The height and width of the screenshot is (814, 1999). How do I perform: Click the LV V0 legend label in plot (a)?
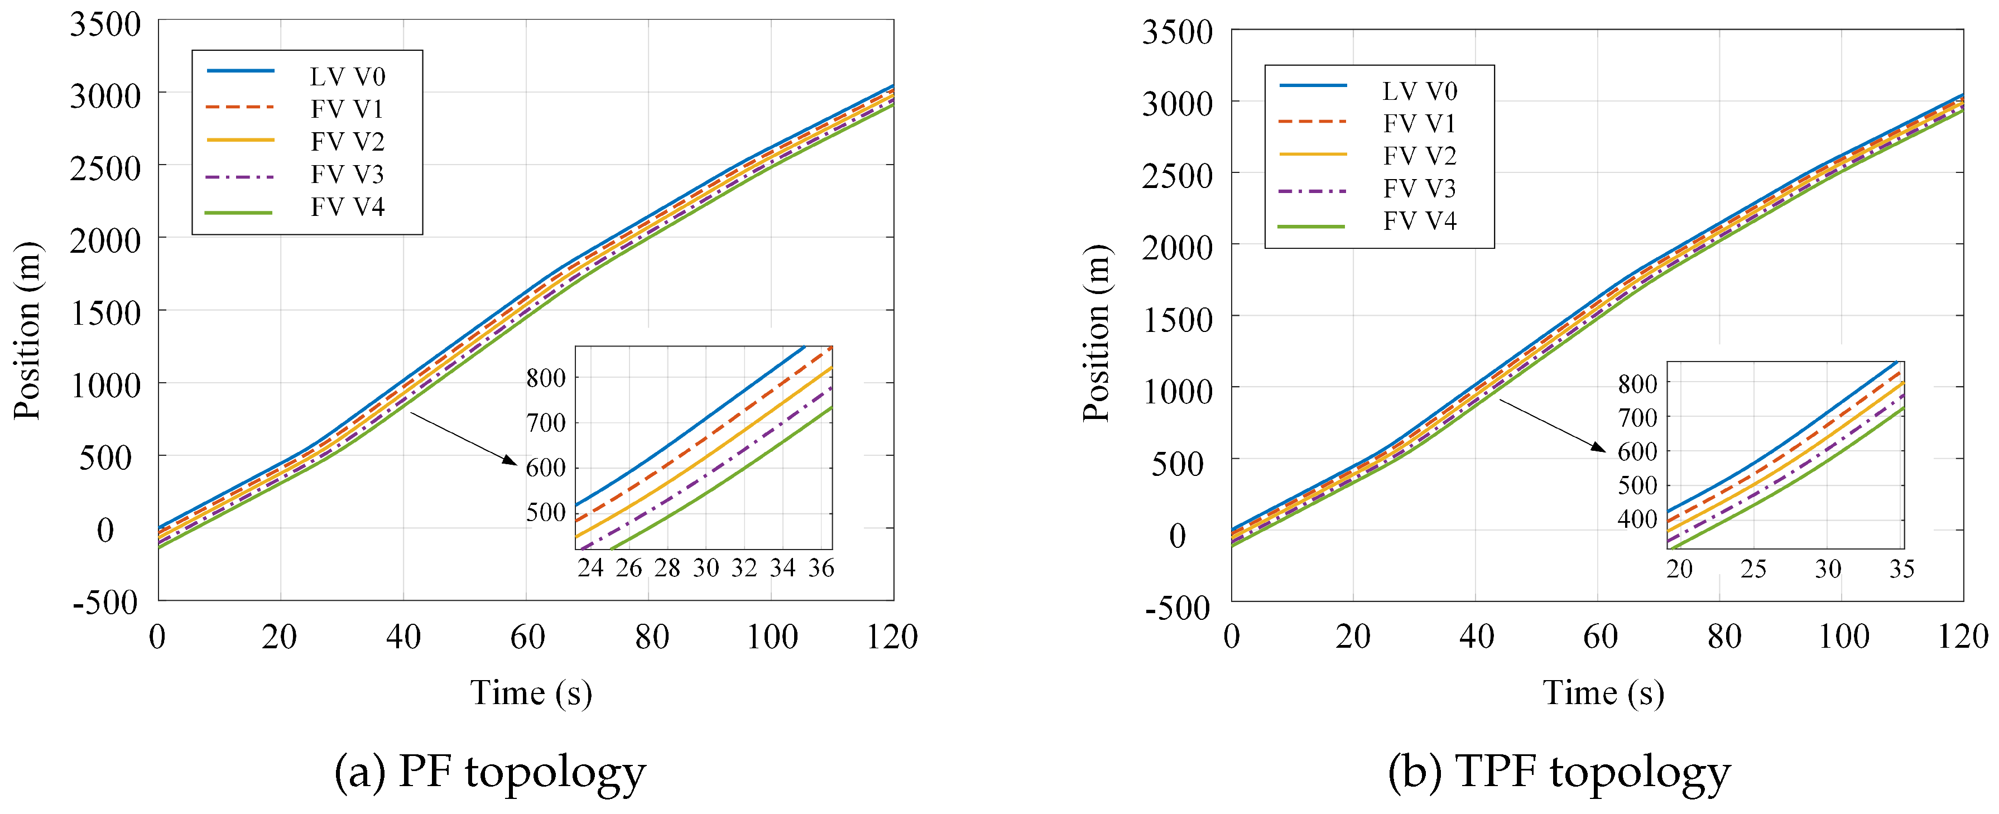pyautogui.click(x=347, y=77)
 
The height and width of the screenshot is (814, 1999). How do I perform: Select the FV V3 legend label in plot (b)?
pyautogui.click(x=1419, y=189)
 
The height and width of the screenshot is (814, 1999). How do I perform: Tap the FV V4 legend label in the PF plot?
pyautogui.click(x=347, y=207)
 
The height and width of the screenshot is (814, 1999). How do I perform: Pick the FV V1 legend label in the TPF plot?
pyautogui.click(x=1419, y=123)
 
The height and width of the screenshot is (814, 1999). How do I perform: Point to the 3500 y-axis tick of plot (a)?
pyautogui.click(x=105, y=25)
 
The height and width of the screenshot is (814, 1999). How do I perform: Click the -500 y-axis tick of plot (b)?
pyautogui.click(x=1177, y=608)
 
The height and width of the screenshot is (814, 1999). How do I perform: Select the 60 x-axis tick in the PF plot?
pyautogui.click(x=527, y=637)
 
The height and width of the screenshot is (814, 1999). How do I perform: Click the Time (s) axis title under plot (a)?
pyautogui.click(x=531, y=692)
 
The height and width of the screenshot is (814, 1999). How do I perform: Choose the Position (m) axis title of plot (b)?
pyautogui.click(x=1097, y=334)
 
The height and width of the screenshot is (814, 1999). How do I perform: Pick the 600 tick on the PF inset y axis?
pyautogui.click(x=546, y=468)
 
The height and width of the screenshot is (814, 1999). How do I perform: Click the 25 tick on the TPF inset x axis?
pyautogui.click(x=1753, y=570)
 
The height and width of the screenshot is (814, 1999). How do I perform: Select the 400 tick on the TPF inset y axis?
pyautogui.click(x=1637, y=519)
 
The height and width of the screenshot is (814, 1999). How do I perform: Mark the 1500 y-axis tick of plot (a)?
pyautogui.click(x=105, y=314)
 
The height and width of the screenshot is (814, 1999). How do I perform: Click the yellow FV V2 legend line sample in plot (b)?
pyautogui.click(x=1313, y=155)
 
